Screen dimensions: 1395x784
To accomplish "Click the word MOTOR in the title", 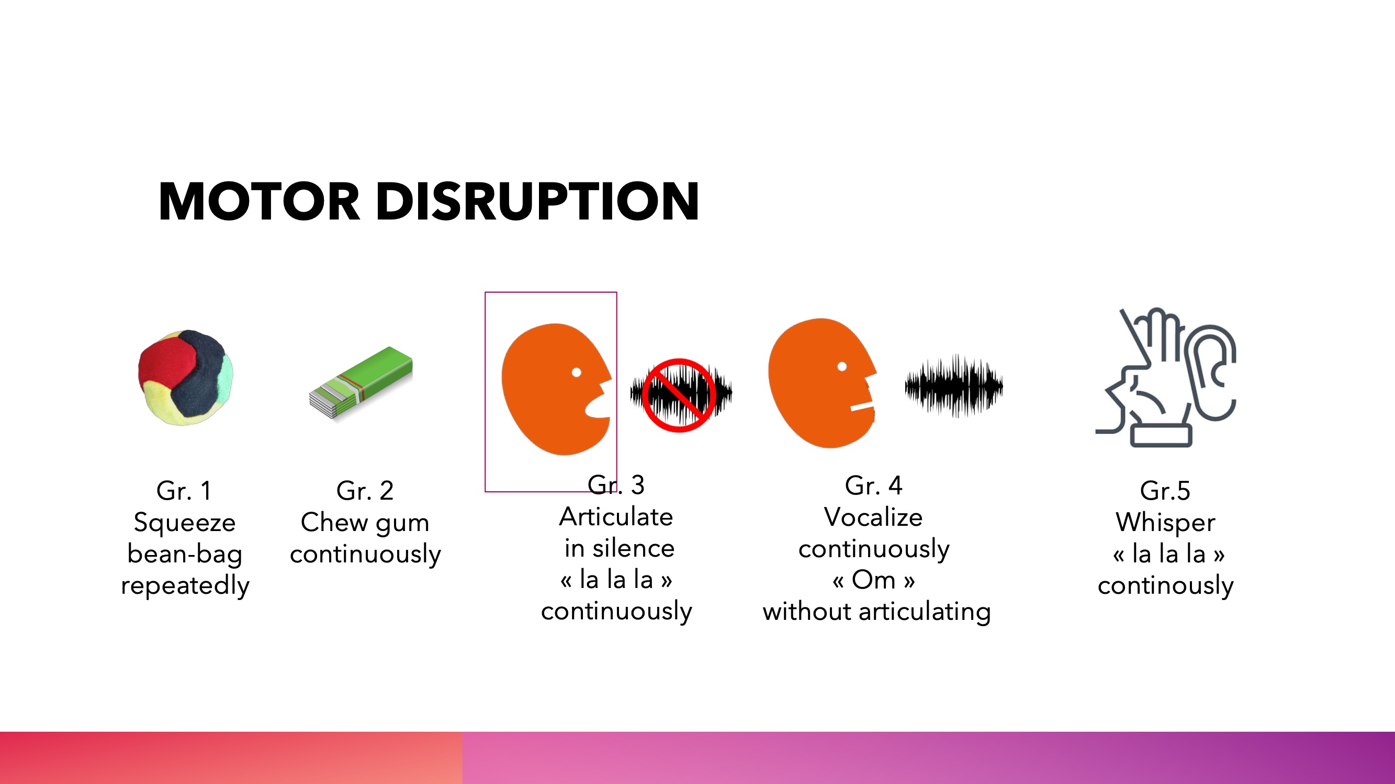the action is tap(260, 201).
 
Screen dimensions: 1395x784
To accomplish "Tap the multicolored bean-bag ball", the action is tap(185, 377).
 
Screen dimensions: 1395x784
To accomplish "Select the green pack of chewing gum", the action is tap(361, 383).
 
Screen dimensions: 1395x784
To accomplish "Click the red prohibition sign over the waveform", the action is tap(679, 395).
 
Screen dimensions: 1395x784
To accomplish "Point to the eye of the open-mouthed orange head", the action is tap(576, 372).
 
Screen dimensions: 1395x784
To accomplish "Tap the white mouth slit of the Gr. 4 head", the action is tap(862, 406).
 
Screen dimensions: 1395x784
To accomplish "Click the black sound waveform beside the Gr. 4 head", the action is tap(954, 386).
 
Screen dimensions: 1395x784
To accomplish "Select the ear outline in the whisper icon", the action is tap(1211, 373).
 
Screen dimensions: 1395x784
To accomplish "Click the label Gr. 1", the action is tap(184, 491).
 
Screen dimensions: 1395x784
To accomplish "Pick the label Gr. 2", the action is tap(365, 491).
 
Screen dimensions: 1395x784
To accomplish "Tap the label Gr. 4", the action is tap(873, 486).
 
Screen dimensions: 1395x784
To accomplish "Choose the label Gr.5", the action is tap(1165, 491).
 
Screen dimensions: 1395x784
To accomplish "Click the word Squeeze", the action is tap(185, 523).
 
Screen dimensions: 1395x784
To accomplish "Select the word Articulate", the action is tap(616, 517).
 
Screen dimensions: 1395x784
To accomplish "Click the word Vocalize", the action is tap(873, 517).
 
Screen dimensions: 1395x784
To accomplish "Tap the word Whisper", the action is tap(1165, 523).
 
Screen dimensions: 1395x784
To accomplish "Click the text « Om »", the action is tap(873, 580).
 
